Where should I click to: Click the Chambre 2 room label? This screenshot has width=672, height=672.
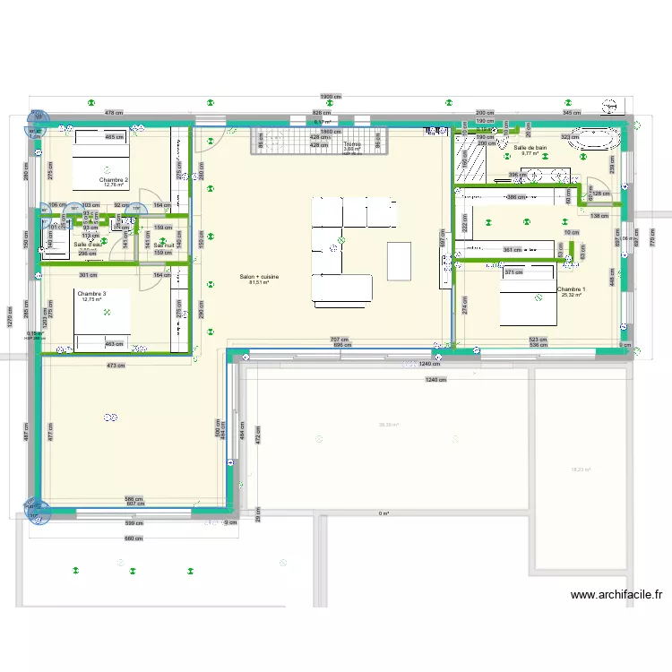pos(114,180)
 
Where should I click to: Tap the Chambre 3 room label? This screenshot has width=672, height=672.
pos(91,294)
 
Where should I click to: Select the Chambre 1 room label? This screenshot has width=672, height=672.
pos(571,289)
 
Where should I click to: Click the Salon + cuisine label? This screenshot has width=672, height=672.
pos(260,277)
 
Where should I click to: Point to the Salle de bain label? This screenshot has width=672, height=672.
pos(530,147)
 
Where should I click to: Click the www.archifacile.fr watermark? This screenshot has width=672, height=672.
pos(616,594)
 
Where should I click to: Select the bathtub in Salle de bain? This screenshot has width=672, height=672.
pos(595,139)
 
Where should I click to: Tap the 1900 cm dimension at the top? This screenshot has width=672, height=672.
pos(329,97)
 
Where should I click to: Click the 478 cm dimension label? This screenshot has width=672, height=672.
pos(113,113)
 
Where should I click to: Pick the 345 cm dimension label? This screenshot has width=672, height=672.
pos(571,113)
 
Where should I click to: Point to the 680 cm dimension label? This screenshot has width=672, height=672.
pos(133,538)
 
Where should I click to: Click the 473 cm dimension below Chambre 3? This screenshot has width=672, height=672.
pos(116,366)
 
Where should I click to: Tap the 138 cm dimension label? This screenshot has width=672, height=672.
pos(597,216)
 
